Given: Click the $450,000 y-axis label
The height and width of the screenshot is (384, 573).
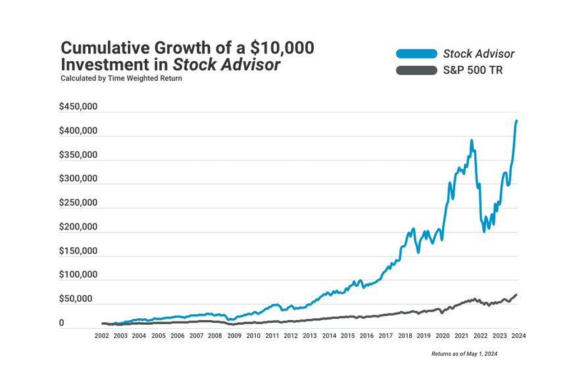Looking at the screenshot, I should (x=78, y=107).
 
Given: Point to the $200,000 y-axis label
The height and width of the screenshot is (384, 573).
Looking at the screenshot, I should (x=78, y=227).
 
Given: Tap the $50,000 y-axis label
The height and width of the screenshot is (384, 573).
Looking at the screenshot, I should (x=78, y=299).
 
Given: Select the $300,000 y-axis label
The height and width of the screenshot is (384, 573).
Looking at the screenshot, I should (x=78, y=179).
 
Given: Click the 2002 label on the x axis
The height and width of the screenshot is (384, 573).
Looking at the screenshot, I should (x=101, y=335).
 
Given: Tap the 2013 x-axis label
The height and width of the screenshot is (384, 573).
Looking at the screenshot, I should (x=310, y=335).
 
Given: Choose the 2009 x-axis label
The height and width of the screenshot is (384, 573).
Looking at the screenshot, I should (x=234, y=335).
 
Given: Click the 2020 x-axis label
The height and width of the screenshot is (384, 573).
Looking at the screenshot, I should (x=443, y=335).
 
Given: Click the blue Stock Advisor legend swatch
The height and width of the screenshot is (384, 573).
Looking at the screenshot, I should (x=416, y=54).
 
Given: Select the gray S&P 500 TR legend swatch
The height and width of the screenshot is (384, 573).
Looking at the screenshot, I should (x=416, y=70).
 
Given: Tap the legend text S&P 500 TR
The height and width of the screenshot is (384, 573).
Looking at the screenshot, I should (x=473, y=70).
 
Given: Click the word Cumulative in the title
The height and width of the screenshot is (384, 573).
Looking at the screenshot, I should (x=107, y=48).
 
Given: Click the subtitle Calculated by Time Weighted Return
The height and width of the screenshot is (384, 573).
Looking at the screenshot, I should (x=121, y=78).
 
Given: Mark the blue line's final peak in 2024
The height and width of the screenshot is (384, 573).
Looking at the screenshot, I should (x=516, y=121).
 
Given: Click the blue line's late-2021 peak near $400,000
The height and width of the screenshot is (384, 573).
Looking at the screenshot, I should (x=472, y=141).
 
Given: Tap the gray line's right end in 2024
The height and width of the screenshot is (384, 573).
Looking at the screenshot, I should (x=516, y=295).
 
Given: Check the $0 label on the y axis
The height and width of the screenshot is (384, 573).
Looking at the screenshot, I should (x=62, y=323).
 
